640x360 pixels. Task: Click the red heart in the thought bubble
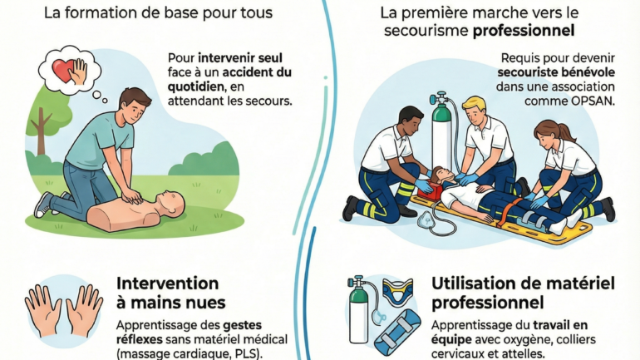coord(64,71)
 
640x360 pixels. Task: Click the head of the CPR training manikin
coord(172,203)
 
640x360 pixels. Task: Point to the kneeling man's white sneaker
coord(43,205)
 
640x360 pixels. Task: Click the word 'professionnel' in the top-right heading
coord(524,31)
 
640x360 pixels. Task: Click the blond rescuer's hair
coord(475,103)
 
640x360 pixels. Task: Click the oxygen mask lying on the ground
coord(426,220)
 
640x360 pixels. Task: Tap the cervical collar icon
coord(397,292)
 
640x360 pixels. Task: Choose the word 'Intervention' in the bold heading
coord(167,284)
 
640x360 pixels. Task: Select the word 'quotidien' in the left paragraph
coord(195,86)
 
